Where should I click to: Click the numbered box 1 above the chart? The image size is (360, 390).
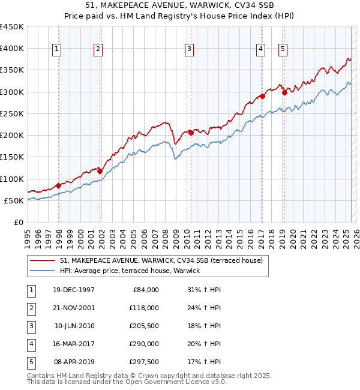(56, 50)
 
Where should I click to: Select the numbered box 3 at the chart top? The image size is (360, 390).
(189, 50)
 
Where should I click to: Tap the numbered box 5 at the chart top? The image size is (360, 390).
(283, 50)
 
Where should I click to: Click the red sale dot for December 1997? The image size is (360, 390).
(59, 185)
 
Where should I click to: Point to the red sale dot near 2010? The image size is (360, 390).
(191, 133)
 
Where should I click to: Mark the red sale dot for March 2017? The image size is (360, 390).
(263, 96)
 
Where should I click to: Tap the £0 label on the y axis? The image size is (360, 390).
(18, 222)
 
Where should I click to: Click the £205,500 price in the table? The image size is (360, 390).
(143, 326)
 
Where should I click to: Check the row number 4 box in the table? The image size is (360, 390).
(30, 344)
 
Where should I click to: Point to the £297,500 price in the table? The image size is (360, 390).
(143, 362)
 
